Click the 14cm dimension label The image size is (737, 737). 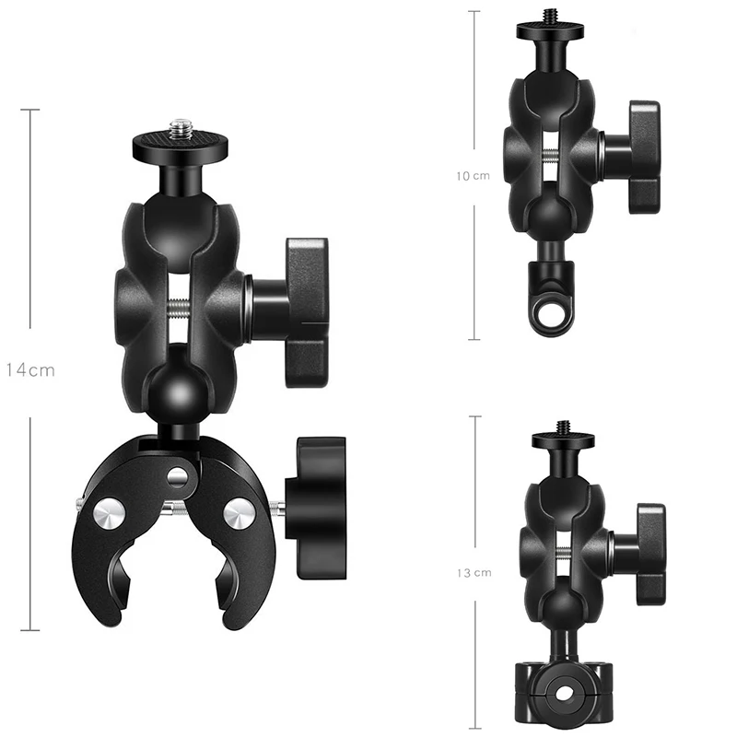pos(30,370)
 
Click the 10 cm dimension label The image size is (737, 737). pos(474,175)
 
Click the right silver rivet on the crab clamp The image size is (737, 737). pos(239,512)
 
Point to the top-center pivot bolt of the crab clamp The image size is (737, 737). pos(180,475)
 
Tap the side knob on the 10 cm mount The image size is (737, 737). pos(644,158)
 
